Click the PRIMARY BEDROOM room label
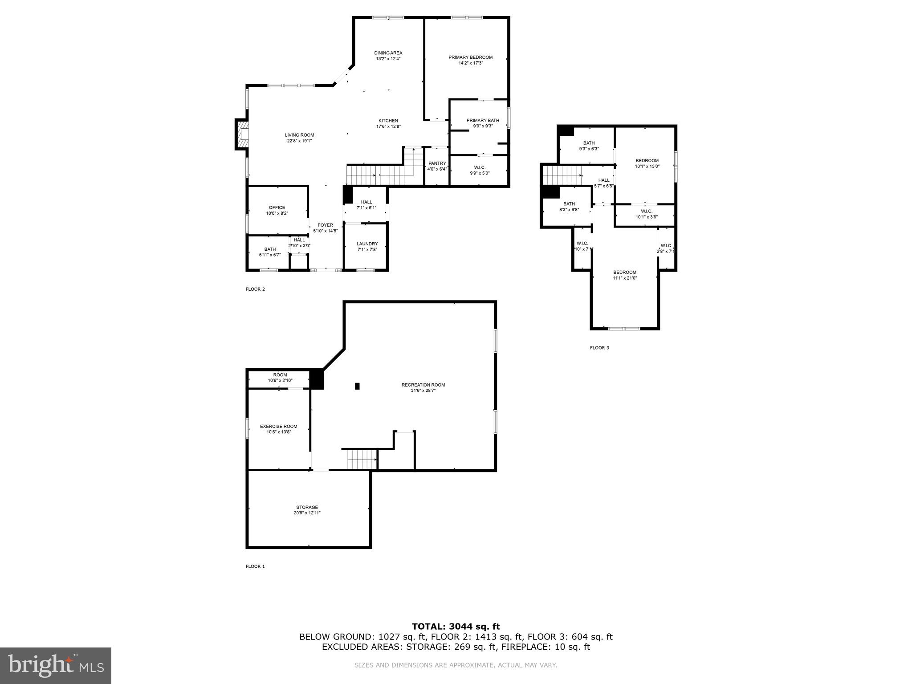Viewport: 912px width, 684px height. click(x=470, y=57)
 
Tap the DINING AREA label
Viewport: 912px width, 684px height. click(x=388, y=53)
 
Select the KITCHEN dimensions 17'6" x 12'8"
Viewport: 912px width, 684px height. click(x=388, y=126)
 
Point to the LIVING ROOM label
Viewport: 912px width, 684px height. click(x=299, y=135)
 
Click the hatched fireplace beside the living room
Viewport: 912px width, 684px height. click(x=242, y=134)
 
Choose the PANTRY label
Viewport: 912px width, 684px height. click(x=437, y=163)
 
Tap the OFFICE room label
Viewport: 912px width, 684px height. click(x=277, y=208)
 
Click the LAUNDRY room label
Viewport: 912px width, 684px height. click(x=367, y=244)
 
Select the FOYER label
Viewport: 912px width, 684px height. click(x=325, y=225)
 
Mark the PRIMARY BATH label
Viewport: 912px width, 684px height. click(x=483, y=120)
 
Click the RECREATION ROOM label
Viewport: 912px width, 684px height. click(x=423, y=385)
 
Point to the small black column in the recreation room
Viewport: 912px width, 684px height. click(x=357, y=386)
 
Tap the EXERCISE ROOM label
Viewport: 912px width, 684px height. click(x=278, y=427)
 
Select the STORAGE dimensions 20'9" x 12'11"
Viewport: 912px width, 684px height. click(x=307, y=513)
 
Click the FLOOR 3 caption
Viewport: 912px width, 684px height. click(x=599, y=348)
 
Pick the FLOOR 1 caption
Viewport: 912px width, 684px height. click(x=255, y=566)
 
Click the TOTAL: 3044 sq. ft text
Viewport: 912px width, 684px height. click(x=456, y=627)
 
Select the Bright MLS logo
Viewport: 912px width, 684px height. click(x=56, y=665)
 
